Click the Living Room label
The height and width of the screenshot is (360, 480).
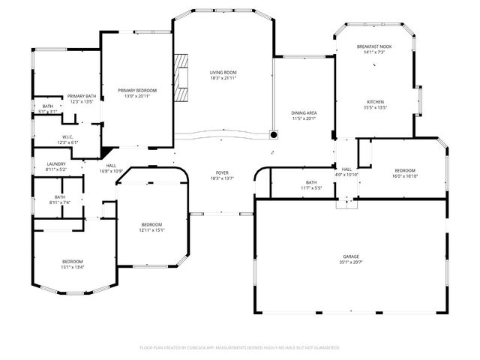coord(223,73)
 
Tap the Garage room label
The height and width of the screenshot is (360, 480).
coord(351,256)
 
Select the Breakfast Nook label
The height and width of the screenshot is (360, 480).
coord(373,47)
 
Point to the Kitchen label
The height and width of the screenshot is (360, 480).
coord(375,102)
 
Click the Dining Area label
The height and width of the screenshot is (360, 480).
coord(304,112)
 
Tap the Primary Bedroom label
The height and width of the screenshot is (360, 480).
coord(136,90)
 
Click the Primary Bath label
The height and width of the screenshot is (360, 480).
coord(81,96)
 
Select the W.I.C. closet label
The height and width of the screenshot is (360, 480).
coord(67,137)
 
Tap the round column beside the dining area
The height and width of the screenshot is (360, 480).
coord(274,135)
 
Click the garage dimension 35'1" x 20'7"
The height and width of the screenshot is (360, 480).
coord(351,262)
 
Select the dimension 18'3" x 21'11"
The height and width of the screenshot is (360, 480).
coord(223,78)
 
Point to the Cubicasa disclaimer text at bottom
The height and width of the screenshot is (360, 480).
coord(240,347)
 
